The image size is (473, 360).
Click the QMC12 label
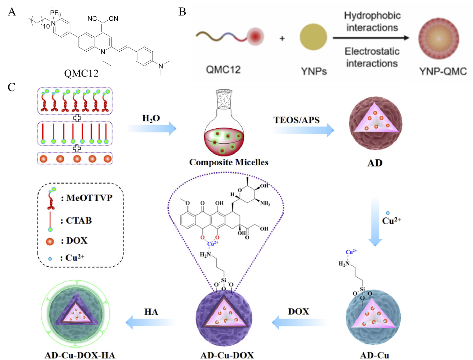click(223, 69)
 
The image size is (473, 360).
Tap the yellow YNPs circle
click(313, 37)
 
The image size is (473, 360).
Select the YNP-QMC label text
click(443, 71)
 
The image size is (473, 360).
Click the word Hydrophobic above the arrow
click(372, 16)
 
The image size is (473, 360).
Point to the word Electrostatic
click(372, 51)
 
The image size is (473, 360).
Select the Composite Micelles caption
click(229, 162)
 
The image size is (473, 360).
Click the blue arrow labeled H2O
click(152, 128)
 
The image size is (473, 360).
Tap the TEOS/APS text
click(296, 120)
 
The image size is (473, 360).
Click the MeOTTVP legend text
click(89, 198)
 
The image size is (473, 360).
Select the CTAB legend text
click(79, 220)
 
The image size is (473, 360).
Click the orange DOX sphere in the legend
click(50, 241)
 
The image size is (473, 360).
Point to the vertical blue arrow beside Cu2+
click(375, 221)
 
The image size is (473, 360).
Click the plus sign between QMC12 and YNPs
click(282, 39)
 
